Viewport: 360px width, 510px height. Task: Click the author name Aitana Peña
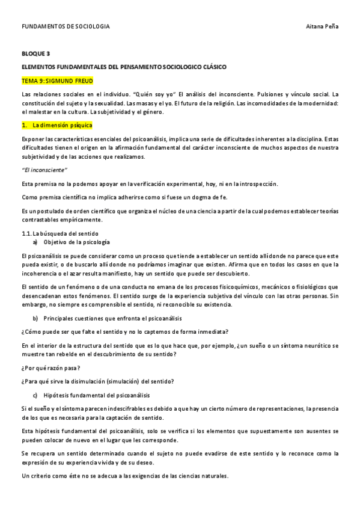pos(322,27)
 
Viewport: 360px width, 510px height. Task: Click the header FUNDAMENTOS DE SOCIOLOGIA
pos(66,27)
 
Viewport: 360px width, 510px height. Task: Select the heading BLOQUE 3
pos(35,54)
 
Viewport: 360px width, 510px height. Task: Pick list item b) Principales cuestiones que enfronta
pos(108,318)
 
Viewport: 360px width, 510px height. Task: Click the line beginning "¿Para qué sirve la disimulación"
pos(97,381)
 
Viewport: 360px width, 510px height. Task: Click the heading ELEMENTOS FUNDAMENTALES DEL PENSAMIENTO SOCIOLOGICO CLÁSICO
pos(124,67)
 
